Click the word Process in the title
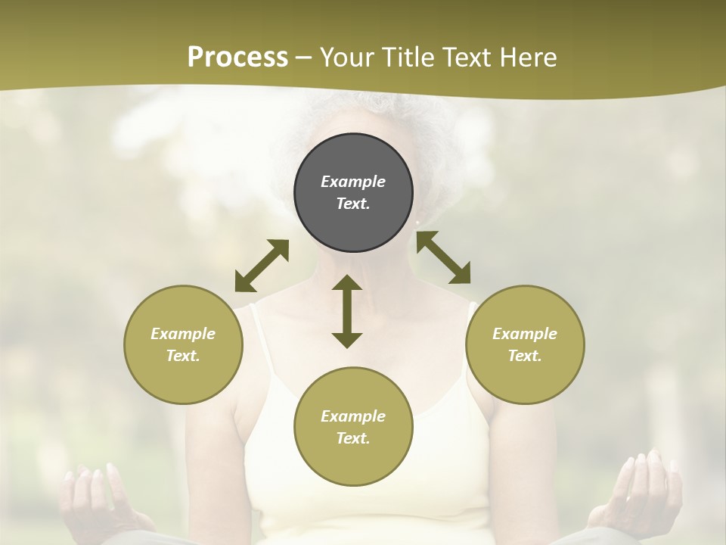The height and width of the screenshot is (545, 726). (x=237, y=58)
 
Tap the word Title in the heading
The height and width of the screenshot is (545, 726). (x=408, y=58)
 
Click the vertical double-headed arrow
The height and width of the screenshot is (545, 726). (x=347, y=311)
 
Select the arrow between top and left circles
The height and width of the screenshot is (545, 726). (x=262, y=266)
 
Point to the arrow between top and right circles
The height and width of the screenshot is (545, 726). (x=443, y=258)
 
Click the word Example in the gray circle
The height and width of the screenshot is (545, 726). (x=353, y=182)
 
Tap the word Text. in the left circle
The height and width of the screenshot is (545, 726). (x=183, y=356)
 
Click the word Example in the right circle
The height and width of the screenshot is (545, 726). (x=525, y=334)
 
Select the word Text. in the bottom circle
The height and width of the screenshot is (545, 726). (x=353, y=438)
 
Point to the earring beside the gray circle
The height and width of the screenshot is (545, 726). (x=417, y=223)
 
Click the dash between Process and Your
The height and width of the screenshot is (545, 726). (x=304, y=58)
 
